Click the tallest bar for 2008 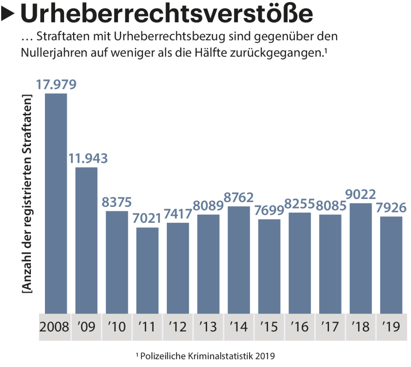pyautogui.click(x=56, y=203)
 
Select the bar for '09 pyautogui.click(x=86, y=240)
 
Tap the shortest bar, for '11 pyautogui.click(x=147, y=270)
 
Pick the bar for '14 pyautogui.click(x=238, y=259)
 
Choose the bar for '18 pyautogui.click(x=360, y=258)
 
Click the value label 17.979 pyautogui.click(x=56, y=85)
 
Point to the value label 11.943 pyautogui.click(x=87, y=158)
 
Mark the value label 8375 pyautogui.click(x=117, y=202)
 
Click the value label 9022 pyautogui.click(x=360, y=194)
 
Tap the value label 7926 pyautogui.click(x=391, y=208)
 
